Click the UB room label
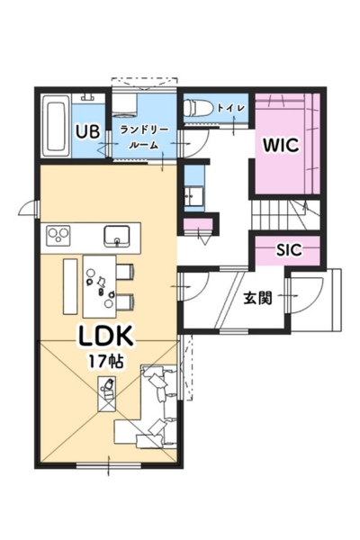click(x=88, y=131)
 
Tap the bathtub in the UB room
click(x=56, y=126)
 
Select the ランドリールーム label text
click(x=144, y=138)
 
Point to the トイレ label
click(x=231, y=108)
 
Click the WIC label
click(x=281, y=145)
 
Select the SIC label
click(x=289, y=250)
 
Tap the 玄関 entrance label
click(x=257, y=298)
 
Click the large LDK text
click(x=106, y=336)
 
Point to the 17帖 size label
click(x=106, y=361)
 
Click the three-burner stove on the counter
click(x=58, y=236)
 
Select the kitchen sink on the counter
click(x=117, y=237)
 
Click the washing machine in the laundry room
click(x=125, y=104)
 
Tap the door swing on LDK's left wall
click(x=28, y=209)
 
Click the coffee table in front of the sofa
click(x=107, y=393)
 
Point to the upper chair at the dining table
click(x=125, y=272)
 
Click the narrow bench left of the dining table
click(x=70, y=286)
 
